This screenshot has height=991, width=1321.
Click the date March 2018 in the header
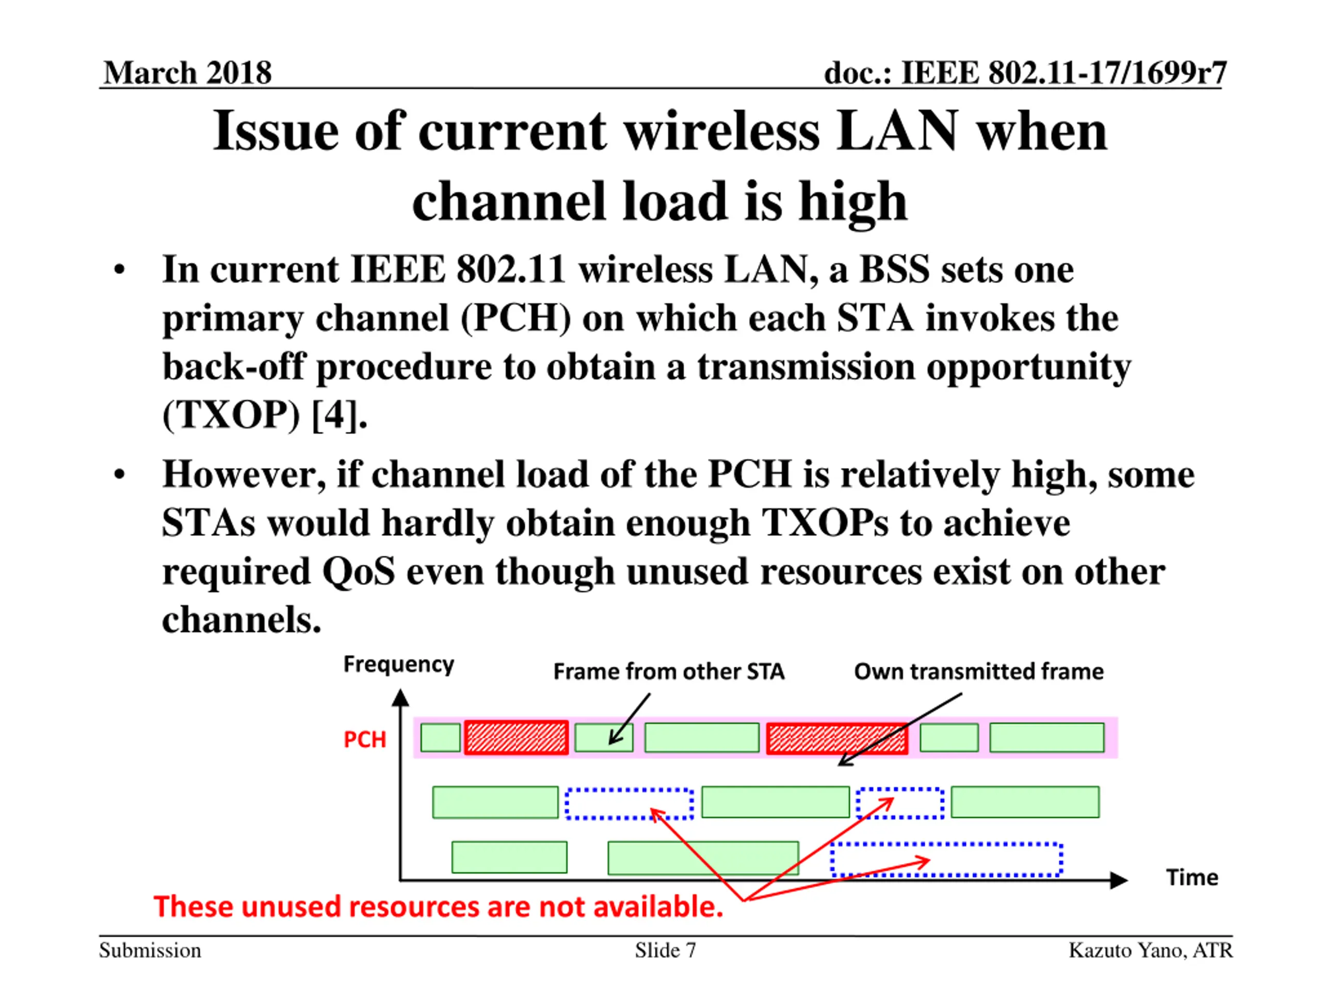187,73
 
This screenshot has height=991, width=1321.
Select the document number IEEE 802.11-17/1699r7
1025,73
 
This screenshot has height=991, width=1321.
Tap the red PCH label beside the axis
364,740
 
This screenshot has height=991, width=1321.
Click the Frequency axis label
398,664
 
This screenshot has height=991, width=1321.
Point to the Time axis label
1192,877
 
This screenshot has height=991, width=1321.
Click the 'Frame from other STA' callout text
668,672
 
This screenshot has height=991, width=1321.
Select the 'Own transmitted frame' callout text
978,672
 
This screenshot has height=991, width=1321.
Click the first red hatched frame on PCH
516,737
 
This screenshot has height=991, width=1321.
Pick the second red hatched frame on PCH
836,738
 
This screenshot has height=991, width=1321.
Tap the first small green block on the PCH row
440,737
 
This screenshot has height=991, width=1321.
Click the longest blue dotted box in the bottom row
946,859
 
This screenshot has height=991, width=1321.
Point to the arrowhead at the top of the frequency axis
401,697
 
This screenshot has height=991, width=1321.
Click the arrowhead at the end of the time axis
1118,880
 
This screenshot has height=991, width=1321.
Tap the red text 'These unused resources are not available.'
438,906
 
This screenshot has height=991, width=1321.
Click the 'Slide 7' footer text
665,950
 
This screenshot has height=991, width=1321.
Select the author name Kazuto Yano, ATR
1150,950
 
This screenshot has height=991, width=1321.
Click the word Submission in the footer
150,950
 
